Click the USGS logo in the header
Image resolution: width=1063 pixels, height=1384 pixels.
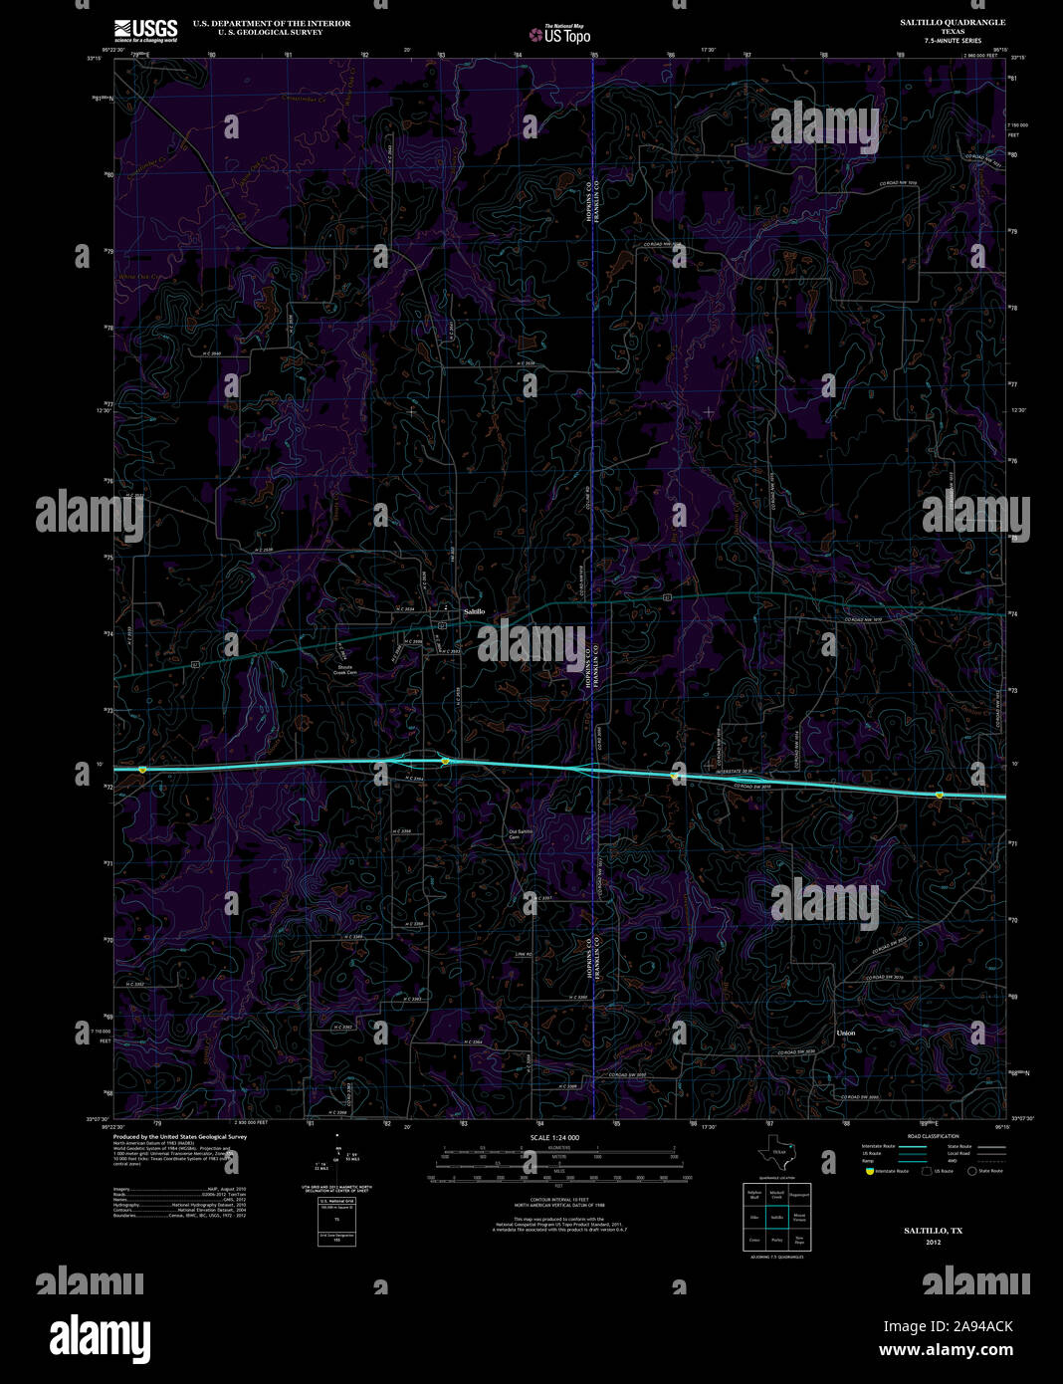pos(145,30)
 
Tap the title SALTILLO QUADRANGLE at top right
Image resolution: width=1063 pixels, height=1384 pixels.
pos(953,22)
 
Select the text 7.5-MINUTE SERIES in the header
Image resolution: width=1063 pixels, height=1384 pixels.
pos(953,41)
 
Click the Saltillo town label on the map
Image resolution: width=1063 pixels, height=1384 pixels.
pos(474,610)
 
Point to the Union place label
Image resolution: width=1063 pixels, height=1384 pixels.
pos(846,1034)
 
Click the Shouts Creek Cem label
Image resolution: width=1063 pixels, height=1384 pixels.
pos(344,670)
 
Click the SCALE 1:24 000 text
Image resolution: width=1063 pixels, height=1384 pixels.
pos(554,1137)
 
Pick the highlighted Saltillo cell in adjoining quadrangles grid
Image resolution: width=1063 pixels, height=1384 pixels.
pos(777,1217)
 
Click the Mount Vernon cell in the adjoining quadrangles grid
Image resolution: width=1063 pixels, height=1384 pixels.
pos(799,1217)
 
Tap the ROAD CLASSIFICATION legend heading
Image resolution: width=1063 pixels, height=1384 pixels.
pos(933,1136)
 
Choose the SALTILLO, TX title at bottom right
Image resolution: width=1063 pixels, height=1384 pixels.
pos(933,1231)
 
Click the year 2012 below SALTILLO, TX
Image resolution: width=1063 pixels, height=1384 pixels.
pos(933,1242)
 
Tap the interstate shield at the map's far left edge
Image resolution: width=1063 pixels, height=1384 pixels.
pos(142,770)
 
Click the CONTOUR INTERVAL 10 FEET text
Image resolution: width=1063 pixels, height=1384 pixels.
pos(555,1201)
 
